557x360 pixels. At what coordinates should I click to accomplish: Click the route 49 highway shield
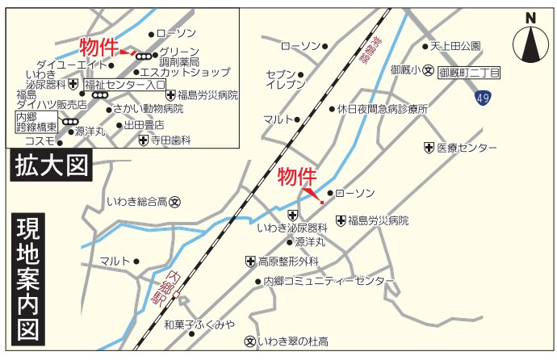[x=482, y=98]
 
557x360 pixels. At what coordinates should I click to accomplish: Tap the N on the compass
[x=530, y=17]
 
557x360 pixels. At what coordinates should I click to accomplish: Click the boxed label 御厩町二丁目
[x=469, y=73]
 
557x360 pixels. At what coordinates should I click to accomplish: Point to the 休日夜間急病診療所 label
[x=383, y=108]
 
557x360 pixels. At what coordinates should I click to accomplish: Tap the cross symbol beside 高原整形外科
[x=250, y=262]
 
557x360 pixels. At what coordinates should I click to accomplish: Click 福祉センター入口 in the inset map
[x=124, y=83]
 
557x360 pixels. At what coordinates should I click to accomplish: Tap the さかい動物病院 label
[x=148, y=108]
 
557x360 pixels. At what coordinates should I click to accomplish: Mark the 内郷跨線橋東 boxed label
[x=36, y=122]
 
